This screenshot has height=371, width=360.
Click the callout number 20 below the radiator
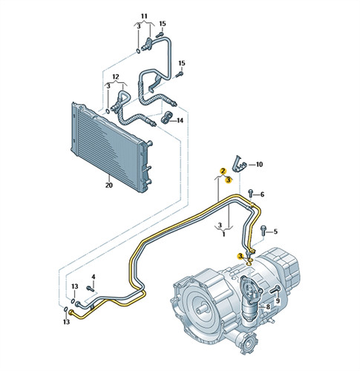tap(109, 185)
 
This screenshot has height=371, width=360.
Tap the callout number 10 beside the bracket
tap(259, 165)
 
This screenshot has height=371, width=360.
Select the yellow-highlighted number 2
tap(223, 171)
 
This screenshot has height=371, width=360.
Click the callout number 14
tap(180, 120)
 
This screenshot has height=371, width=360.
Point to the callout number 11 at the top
tap(144, 16)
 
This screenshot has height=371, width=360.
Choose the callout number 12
tap(116, 76)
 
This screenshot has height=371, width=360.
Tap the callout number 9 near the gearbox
tap(278, 301)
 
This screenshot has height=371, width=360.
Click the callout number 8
tap(268, 307)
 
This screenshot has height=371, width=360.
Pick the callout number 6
tap(262, 194)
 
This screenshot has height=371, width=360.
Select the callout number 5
tap(275, 232)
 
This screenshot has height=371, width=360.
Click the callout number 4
tap(94, 277)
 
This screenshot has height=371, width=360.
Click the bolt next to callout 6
tap(251, 194)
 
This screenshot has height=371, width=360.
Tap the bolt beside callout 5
tap(264, 230)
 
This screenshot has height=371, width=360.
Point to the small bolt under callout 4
tap(90, 289)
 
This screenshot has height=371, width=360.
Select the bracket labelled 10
tap(238, 163)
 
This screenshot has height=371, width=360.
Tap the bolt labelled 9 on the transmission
tap(275, 289)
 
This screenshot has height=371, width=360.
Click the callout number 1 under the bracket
tap(223, 234)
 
